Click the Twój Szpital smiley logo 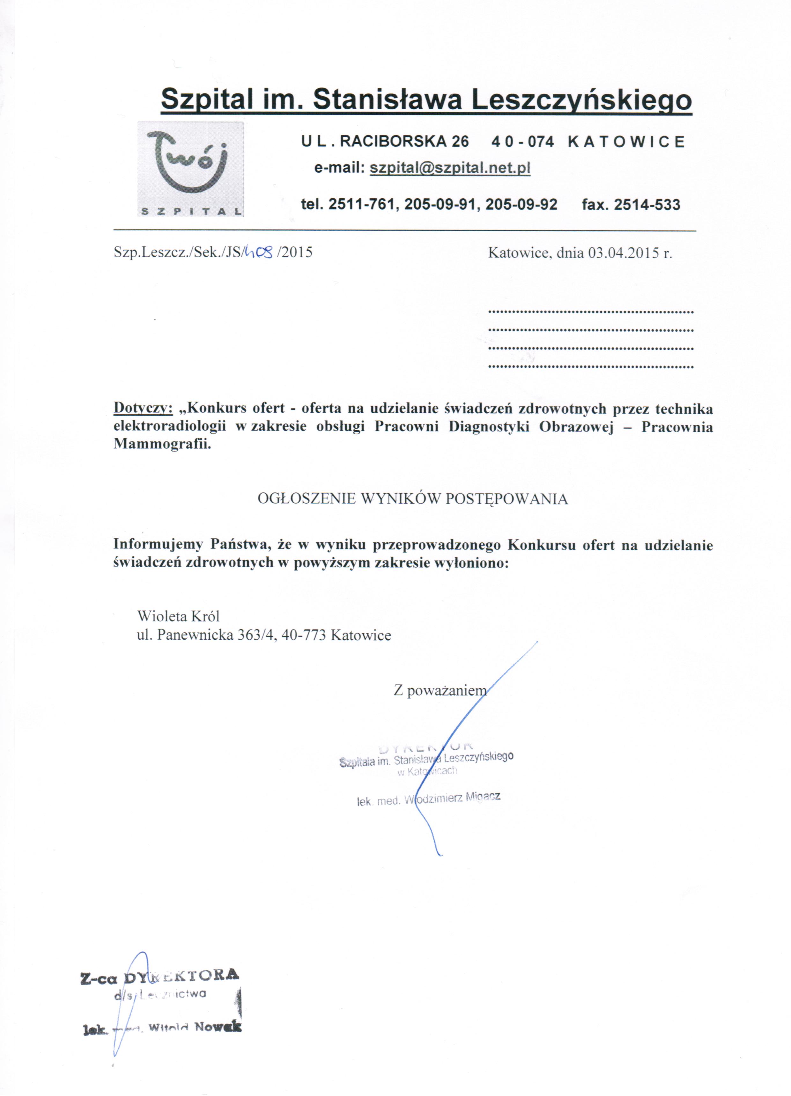pyautogui.click(x=190, y=169)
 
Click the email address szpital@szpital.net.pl pyautogui.click(x=450, y=168)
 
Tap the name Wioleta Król pyautogui.click(x=178, y=616)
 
